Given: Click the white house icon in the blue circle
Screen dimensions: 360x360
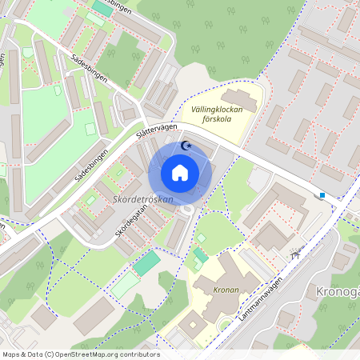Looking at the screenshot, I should point(180,172).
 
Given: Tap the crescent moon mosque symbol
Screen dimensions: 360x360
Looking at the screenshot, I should point(186,146).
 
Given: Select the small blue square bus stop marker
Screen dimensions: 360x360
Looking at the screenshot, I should point(322,194).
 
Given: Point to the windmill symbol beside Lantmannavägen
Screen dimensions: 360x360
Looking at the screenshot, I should point(297,254).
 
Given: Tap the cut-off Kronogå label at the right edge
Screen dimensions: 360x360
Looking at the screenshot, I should point(337,290).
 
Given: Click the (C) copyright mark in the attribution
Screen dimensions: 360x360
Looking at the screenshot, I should point(50,354).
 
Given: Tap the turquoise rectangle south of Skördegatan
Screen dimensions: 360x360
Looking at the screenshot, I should point(146,263).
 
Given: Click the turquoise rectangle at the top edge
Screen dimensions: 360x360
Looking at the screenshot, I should point(102,6).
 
